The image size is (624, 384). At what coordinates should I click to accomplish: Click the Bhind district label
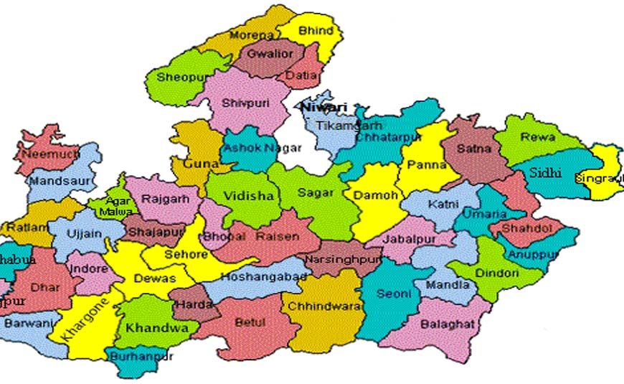click(315, 31)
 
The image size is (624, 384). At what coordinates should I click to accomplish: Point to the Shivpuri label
click(245, 103)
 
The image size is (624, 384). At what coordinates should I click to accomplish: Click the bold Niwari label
click(323, 108)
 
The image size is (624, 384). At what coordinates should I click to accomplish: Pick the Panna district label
click(427, 165)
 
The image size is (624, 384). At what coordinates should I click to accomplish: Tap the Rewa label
click(539, 137)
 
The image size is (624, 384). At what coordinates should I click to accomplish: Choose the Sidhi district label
click(546, 172)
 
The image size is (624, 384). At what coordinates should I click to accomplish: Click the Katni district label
click(443, 205)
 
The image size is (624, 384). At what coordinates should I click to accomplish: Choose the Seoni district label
click(394, 294)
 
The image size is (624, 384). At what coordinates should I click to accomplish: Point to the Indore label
click(88, 268)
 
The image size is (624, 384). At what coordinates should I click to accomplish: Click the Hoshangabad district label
click(264, 276)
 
